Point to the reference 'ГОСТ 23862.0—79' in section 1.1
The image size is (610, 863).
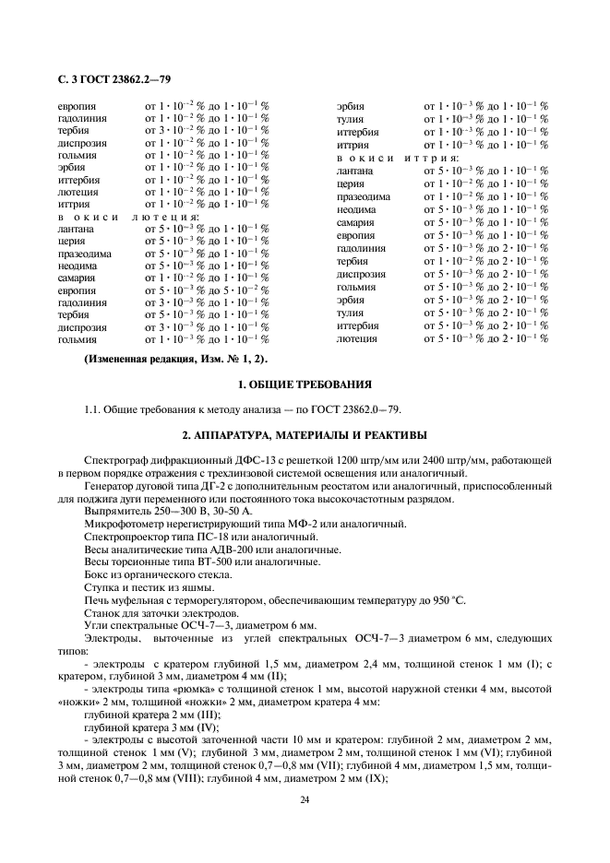[361, 408]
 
